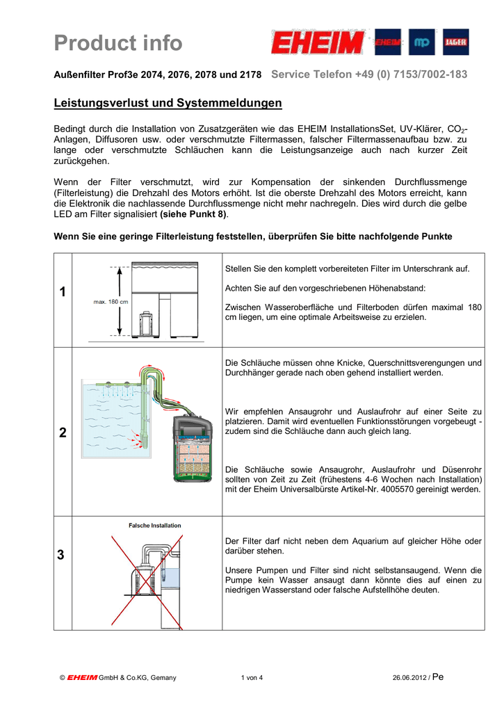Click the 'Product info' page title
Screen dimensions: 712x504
pyautogui.click(x=118, y=43)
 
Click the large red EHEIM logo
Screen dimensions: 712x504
pyautogui.click(x=317, y=43)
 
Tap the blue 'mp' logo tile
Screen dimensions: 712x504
pyautogui.click(x=421, y=42)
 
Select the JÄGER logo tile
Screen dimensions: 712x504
pyautogui.click(x=456, y=42)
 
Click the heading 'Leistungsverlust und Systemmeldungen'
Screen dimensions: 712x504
pyautogui.click(x=168, y=104)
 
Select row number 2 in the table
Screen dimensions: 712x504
pyautogui.click(x=63, y=432)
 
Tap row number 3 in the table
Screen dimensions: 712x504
pyautogui.click(x=63, y=555)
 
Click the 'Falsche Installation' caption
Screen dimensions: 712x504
pyautogui.click(x=154, y=526)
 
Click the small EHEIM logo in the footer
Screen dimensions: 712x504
pyautogui.click(x=82, y=678)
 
